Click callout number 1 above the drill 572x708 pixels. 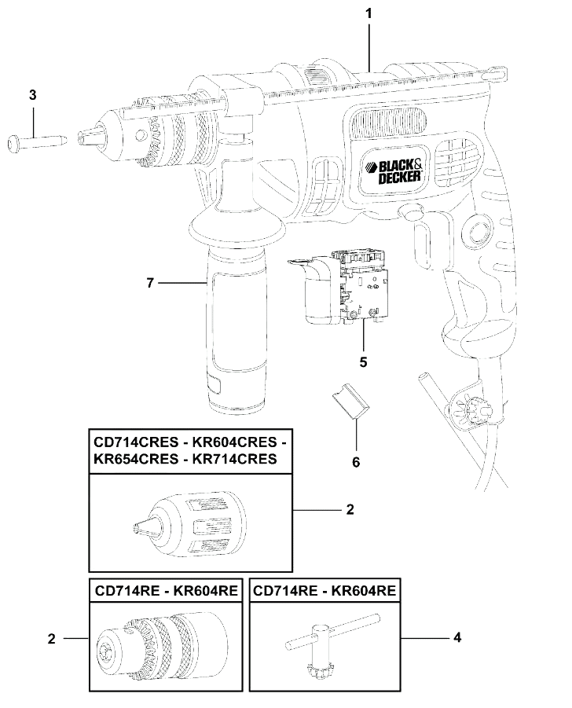tap(368, 13)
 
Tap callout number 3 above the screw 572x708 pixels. tap(32, 95)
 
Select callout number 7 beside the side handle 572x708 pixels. tap(150, 283)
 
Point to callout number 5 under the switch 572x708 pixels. tap(364, 362)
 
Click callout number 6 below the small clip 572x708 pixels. tap(356, 462)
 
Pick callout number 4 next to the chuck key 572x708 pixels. tap(457, 637)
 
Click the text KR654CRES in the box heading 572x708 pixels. tap(136, 459)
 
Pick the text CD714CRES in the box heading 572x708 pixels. tap(136, 442)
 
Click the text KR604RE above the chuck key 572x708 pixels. tap(364, 591)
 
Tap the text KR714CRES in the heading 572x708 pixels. tap(234, 459)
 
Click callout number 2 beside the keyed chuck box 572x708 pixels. tap(52, 639)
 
